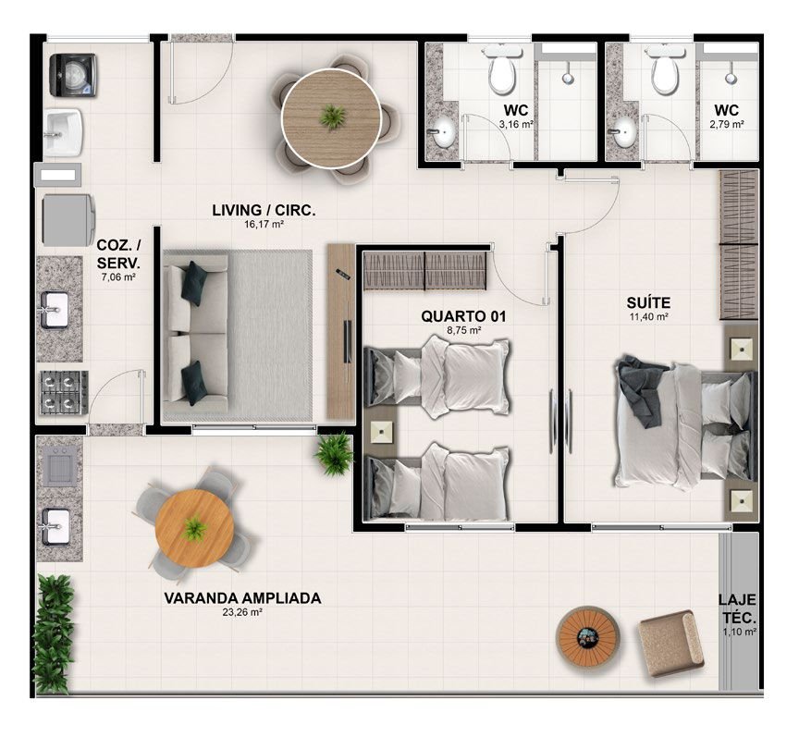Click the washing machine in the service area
click(x=73, y=75)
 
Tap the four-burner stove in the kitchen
click(x=64, y=392)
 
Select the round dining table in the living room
click(x=331, y=118)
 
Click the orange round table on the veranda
click(x=194, y=528)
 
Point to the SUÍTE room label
click(x=648, y=302)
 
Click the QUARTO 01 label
click(x=463, y=316)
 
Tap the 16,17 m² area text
click(x=264, y=224)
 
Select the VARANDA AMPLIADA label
click(x=242, y=598)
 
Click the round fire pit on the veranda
click(x=587, y=636)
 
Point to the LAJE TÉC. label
click(x=737, y=608)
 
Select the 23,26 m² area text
click(x=242, y=613)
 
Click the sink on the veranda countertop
click(x=56, y=526)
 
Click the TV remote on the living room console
click(x=341, y=273)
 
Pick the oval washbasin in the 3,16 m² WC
click(x=443, y=131)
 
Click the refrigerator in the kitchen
click(x=68, y=220)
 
